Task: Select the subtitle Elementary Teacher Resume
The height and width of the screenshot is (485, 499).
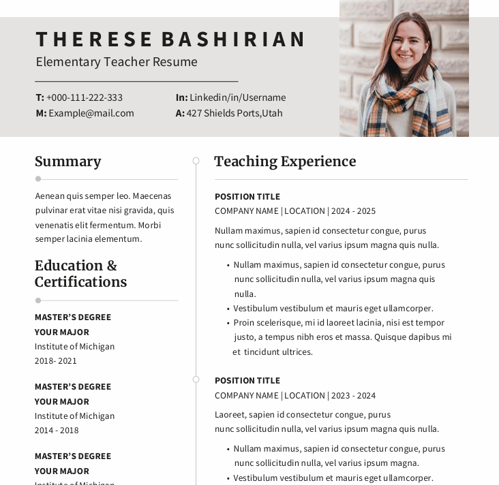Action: pyautogui.click(x=117, y=62)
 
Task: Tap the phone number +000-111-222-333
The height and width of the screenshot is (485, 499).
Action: pyautogui.click(x=85, y=97)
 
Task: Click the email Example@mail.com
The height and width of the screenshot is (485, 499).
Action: pyautogui.click(x=91, y=113)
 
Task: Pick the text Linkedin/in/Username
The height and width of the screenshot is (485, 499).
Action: pyautogui.click(x=237, y=97)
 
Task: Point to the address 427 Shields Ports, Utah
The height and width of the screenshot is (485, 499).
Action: pyautogui.click(x=235, y=113)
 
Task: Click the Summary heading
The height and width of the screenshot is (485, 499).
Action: pyautogui.click(x=68, y=161)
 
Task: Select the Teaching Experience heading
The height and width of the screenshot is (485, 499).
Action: pyautogui.click(x=285, y=161)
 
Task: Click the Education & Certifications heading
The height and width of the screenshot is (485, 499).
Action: pyautogui.click(x=80, y=274)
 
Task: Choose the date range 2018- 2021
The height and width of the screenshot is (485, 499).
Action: pyautogui.click(x=56, y=361)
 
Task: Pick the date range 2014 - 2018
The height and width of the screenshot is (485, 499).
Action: pyautogui.click(x=57, y=431)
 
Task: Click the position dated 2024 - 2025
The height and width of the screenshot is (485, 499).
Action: pyautogui.click(x=247, y=197)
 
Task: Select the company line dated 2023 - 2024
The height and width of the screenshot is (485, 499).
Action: pyautogui.click(x=294, y=396)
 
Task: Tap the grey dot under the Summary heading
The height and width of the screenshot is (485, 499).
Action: pyautogui.click(x=38, y=179)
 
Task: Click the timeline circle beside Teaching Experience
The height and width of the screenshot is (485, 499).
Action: pyautogui.click(x=196, y=161)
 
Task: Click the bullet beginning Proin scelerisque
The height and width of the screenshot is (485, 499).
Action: pyautogui.click(x=339, y=323)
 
